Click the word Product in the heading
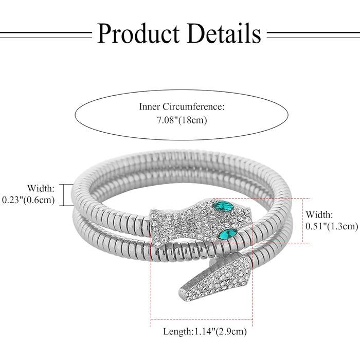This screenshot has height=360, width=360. click(x=138, y=33)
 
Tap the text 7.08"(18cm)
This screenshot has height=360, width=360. click(x=182, y=120)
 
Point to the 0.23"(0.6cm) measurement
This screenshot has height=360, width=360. click(x=28, y=200)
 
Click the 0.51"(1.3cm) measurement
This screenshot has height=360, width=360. click(x=332, y=226)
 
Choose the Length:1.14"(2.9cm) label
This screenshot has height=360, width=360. click(x=205, y=332)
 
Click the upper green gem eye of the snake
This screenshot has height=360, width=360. click(x=223, y=205)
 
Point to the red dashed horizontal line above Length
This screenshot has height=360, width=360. click(x=202, y=319)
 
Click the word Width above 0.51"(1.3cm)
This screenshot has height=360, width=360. click(x=319, y=215)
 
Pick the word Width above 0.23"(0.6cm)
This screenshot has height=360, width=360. click(x=41, y=188)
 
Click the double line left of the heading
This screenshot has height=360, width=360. click(x=46, y=35)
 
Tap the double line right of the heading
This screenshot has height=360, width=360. click(x=313, y=35)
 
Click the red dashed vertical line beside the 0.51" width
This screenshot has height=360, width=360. click(x=302, y=221)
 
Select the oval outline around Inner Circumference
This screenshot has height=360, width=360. click(x=182, y=90)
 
